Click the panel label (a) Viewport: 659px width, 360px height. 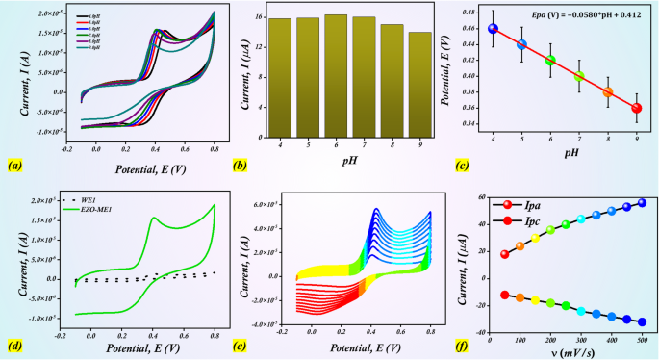point(14,166)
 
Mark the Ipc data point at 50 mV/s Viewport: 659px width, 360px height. point(505,295)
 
